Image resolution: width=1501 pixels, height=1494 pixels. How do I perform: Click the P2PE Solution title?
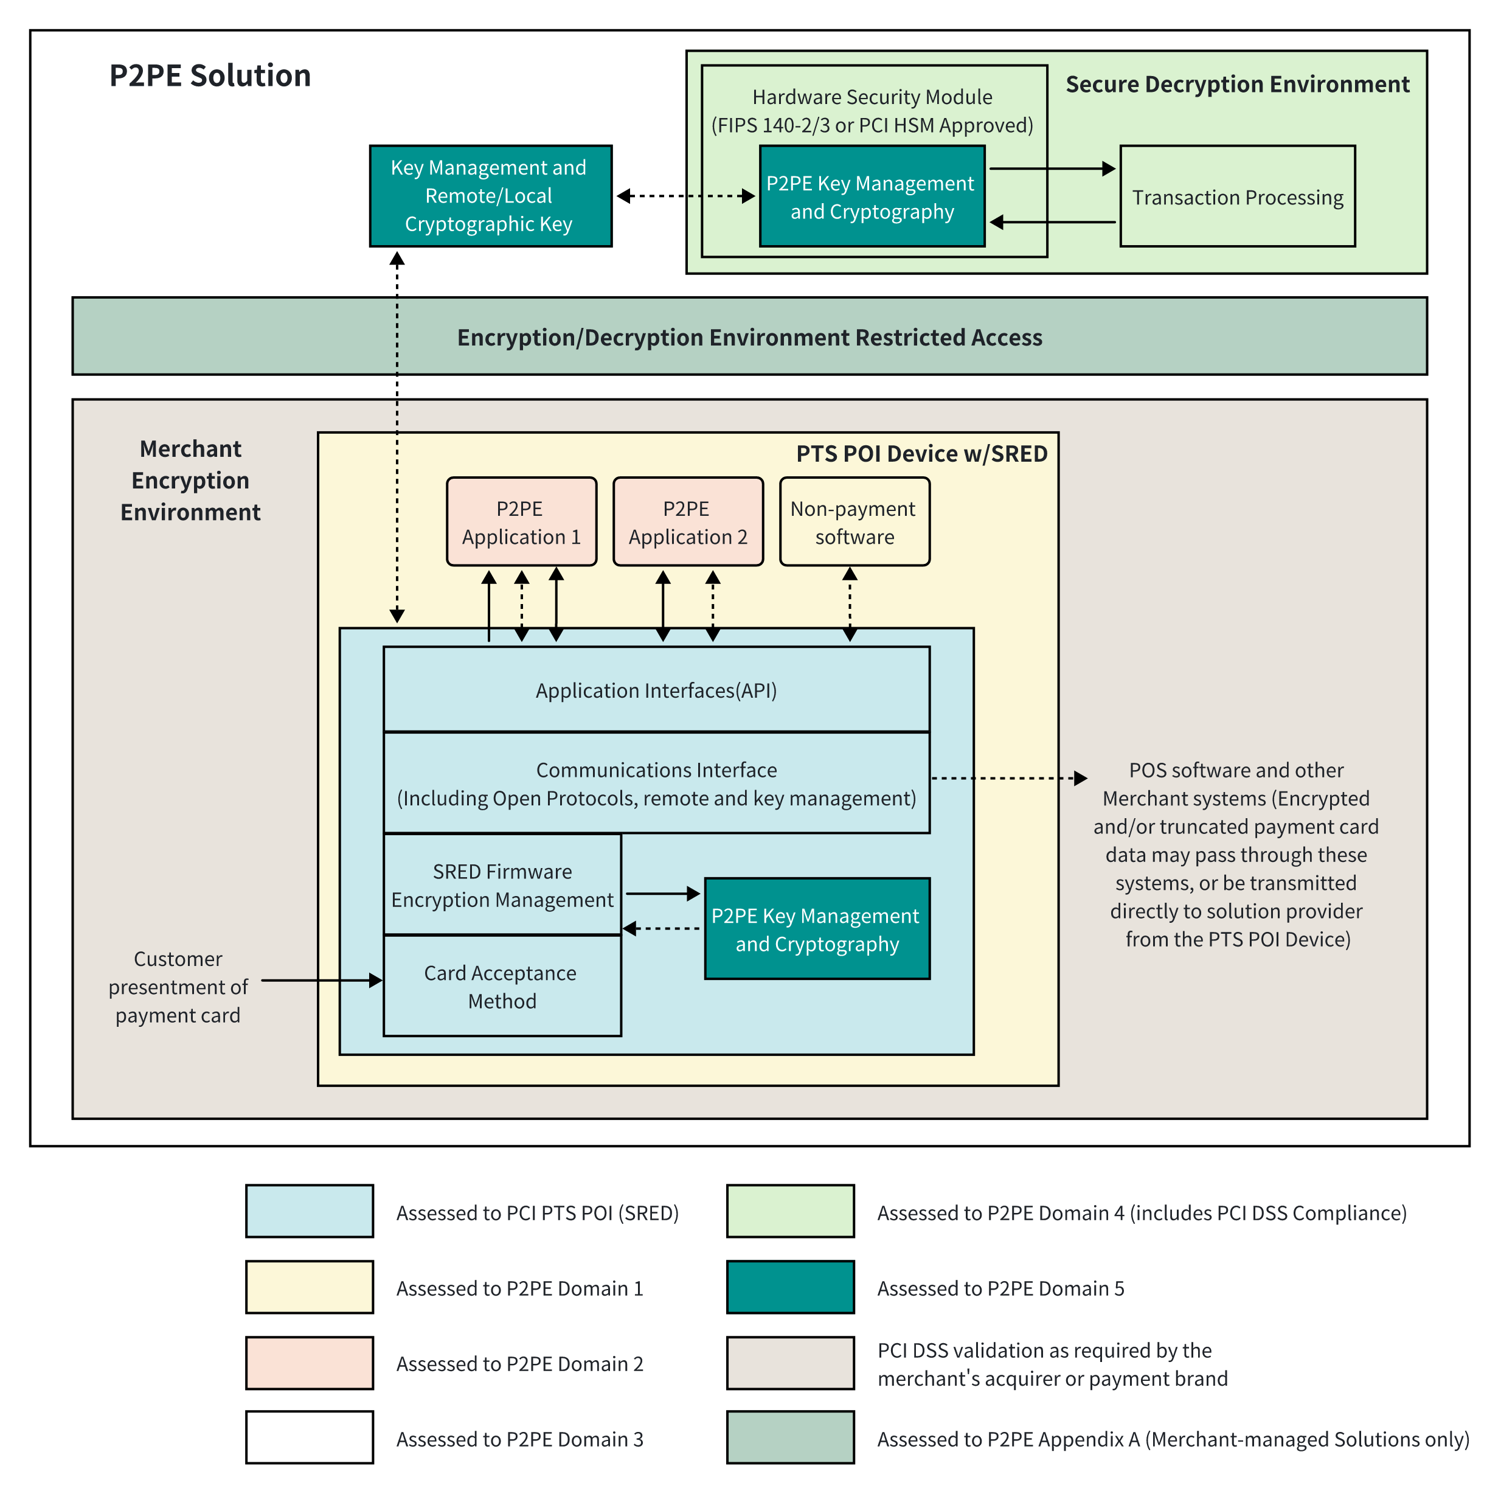[210, 75]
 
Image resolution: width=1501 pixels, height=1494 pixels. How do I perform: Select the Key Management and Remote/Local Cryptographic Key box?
[490, 196]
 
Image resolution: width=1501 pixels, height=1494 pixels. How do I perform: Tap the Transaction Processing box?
[1237, 196]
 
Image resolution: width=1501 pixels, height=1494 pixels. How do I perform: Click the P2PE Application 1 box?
[521, 521]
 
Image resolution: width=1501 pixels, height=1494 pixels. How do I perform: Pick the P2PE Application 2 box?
[688, 521]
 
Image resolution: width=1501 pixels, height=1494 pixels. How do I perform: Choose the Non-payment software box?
[854, 521]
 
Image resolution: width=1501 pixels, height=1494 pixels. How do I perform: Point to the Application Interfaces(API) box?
[656, 689]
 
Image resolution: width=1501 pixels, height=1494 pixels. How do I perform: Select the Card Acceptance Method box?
[502, 986]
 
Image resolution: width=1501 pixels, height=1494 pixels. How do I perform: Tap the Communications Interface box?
[656, 783]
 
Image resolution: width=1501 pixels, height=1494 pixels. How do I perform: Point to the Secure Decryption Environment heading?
[1237, 84]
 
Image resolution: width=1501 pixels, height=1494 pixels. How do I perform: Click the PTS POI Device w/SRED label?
[921, 454]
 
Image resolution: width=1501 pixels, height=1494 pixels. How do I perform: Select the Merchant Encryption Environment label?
[190, 480]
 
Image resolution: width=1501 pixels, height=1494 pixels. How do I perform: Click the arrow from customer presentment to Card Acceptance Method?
[322, 981]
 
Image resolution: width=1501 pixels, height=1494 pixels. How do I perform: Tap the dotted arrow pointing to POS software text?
[1008, 777]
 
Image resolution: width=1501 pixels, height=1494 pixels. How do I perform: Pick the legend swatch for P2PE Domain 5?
[790, 1287]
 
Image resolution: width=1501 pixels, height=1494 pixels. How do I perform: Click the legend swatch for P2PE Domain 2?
[309, 1363]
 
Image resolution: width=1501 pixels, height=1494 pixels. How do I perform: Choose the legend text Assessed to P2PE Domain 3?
[520, 1439]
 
